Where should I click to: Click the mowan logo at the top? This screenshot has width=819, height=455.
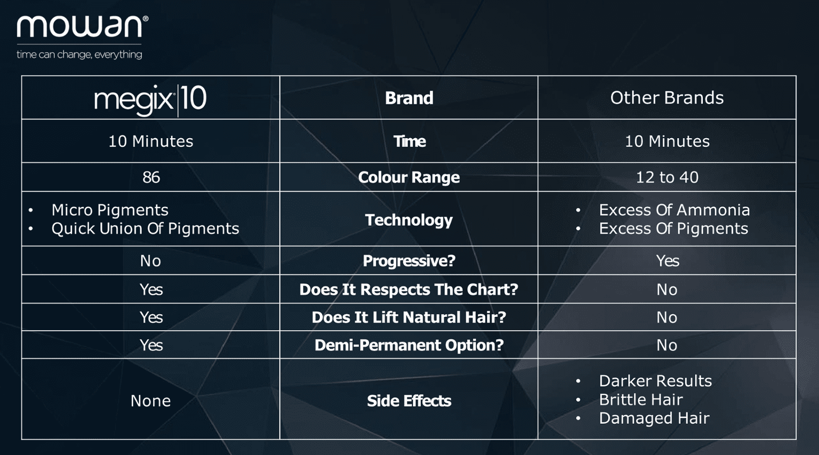click(x=82, y=26)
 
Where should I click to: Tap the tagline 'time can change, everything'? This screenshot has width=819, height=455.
click(x=79, y=54)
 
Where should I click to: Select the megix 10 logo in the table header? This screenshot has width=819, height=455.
click(x=150, y=99)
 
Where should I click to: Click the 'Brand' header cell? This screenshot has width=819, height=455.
click(x=409, y=98)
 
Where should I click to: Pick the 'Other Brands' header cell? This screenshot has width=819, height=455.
click(x=667, y=98)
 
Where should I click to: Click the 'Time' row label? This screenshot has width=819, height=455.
click(x=409, y=141)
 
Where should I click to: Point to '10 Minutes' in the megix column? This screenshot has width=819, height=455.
click(x=150, y=141)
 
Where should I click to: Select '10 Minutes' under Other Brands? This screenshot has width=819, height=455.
click(x=667, y=141)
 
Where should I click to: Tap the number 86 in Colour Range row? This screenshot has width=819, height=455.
click(x=151, y=177)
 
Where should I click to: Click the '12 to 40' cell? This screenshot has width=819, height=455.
click(x=667, y=177)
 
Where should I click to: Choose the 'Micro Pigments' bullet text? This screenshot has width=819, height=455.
click(x=110, y=210)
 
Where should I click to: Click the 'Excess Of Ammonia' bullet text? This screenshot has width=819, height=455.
click(x=674, y=210)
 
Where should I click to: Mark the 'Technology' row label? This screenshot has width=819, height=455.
click(x=409, y=220)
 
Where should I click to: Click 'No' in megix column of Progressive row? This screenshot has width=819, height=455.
click(x=150, y=261)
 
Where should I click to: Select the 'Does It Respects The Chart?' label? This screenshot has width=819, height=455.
click(x=409, y=290)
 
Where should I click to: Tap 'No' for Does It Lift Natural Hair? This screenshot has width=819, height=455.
click(x=666, y=317)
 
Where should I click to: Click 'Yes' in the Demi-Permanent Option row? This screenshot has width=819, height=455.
click(x=151, y=345)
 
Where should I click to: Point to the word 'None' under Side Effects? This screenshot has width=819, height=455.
click(x=150, y=401)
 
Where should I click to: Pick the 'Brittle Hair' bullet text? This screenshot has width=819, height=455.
click(x=640, y=399)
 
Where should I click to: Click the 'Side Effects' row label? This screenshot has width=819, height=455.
click(x=409, y=401)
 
